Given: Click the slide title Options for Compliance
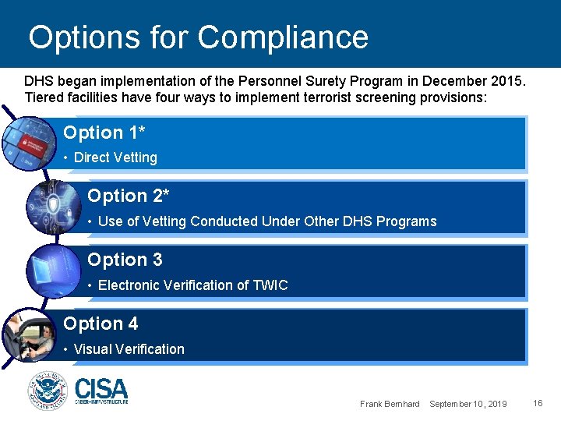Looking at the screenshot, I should [x=198, y=37].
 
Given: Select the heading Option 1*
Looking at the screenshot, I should [x=104, y=133].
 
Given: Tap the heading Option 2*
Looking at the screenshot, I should [x=128, y=196].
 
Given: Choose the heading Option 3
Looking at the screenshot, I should [x=125, y=260].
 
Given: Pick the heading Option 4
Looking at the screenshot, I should [x=100, y=324].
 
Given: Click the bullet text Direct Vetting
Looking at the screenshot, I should [x=115, y=157].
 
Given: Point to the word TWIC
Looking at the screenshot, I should [x=270, y=285].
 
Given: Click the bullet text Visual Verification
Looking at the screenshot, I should [x=129, y=349].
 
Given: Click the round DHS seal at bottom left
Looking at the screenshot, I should [x=48, y=391].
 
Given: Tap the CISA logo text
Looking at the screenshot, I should [x=101, y=388].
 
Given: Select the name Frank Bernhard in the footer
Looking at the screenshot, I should [x=390, y=404].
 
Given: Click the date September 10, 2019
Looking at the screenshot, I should [x=467, y=404].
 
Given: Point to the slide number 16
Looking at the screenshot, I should [x=538, y=403].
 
